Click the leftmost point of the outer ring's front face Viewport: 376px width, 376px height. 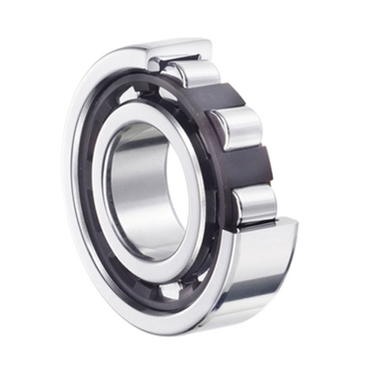67,188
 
